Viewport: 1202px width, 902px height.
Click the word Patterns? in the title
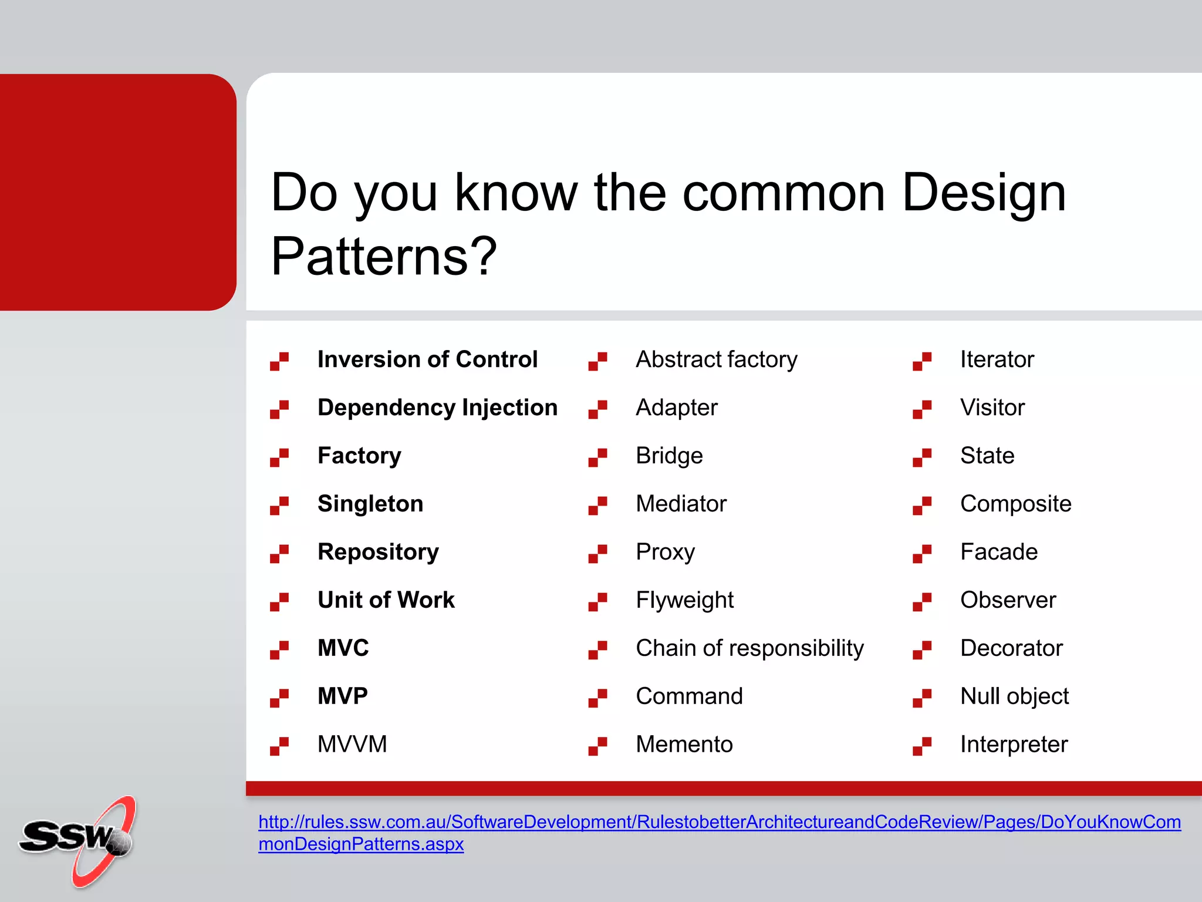383,257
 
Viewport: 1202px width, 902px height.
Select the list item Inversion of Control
427,359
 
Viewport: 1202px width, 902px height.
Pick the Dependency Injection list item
437,408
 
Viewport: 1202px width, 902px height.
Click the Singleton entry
370,504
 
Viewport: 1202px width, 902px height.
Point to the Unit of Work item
386,600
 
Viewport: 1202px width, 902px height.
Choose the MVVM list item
352,745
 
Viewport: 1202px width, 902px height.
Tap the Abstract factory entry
717,359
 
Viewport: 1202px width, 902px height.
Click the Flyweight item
684,600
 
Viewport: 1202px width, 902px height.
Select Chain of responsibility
749,648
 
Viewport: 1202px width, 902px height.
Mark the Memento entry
684,745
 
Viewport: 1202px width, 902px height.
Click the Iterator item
997,359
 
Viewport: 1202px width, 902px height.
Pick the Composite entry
1015,504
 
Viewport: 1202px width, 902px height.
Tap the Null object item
1014,696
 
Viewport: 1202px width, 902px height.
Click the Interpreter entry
1014,745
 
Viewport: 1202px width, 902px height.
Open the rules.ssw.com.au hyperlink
719,822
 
